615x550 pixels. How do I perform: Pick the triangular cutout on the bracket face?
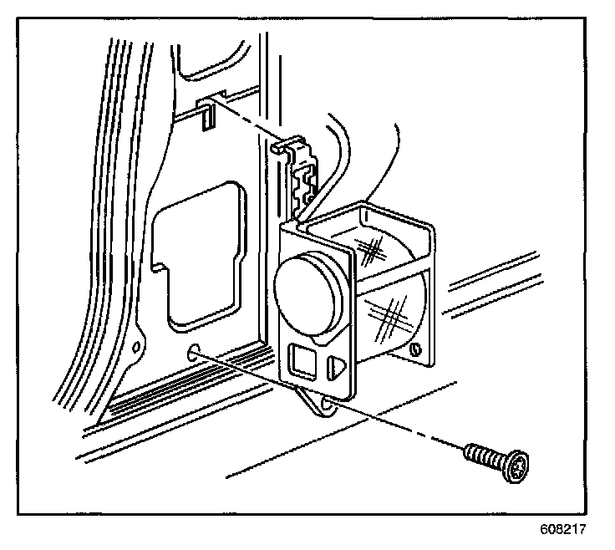(x=337, y=365)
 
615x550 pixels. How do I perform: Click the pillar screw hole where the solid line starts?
(x=195, y=351)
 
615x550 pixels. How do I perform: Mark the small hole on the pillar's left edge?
(x=136, y=344)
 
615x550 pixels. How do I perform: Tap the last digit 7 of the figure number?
(x=582, y=529)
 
